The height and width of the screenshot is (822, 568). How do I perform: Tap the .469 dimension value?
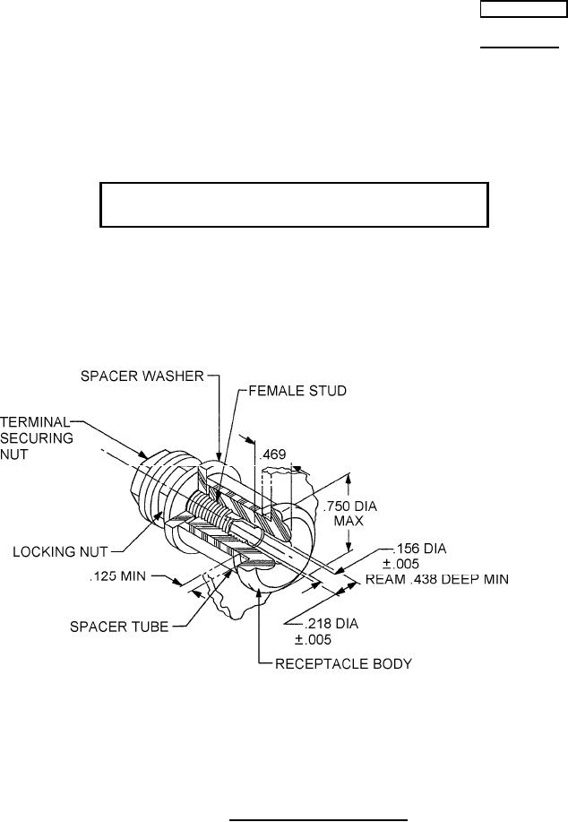272,455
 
